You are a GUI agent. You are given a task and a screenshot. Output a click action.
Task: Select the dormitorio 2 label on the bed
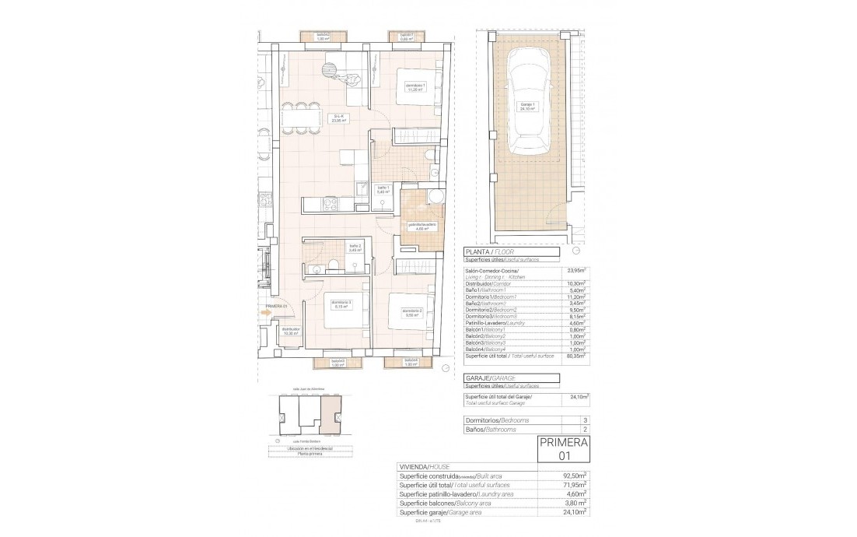coord(412,313)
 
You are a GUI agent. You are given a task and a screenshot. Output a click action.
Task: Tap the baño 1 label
coord(382,189)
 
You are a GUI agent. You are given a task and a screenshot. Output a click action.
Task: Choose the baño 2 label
coord(355,248)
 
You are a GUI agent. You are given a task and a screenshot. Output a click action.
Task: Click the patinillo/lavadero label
coord(420,226)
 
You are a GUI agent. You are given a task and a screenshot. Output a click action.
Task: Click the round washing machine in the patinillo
coord(435,195)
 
